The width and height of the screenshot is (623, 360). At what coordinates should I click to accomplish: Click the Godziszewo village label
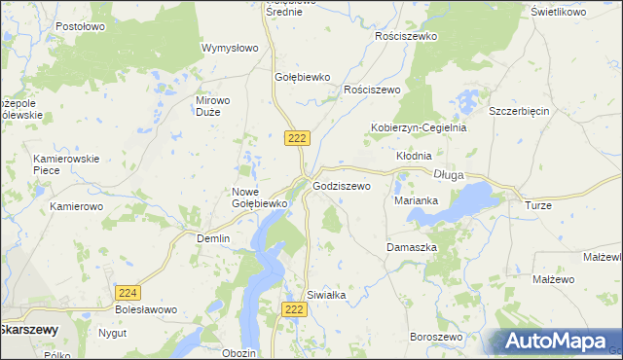click(x=342, y=185)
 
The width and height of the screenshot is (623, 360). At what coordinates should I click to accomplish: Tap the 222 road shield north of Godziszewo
click(x=298, y=138)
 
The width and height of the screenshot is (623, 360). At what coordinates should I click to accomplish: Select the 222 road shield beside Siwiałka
click(x=298, y=308)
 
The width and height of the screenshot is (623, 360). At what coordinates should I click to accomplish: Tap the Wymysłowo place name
click(x=229, y=48)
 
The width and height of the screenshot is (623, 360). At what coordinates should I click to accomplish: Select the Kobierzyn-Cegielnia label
click(x=419, y=127)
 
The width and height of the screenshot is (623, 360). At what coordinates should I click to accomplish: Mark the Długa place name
click(x=448, y=175)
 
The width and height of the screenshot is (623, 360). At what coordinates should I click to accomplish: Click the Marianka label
click(x=416, y=200)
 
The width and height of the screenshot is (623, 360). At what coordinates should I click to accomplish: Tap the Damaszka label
click(x=412, y=247)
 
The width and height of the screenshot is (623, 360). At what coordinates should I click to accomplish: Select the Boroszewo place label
click(x=435, y=337)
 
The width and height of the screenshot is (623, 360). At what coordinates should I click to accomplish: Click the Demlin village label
click(x=213, y=238)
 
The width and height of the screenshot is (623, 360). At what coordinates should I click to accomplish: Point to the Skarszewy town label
click(x=28, y=330)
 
